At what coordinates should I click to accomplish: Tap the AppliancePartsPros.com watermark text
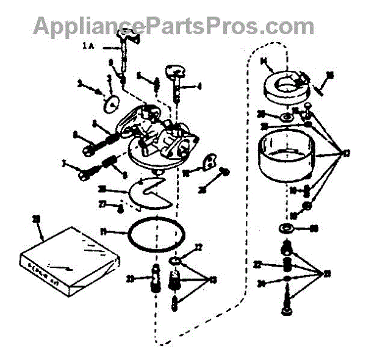coord(174,26)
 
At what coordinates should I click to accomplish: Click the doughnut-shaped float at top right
coord(284,86)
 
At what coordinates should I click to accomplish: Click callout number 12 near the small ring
coord(198,248)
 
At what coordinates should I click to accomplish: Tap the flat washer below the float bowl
coord(285,230)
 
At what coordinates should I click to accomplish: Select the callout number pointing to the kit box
coord(37,218)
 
